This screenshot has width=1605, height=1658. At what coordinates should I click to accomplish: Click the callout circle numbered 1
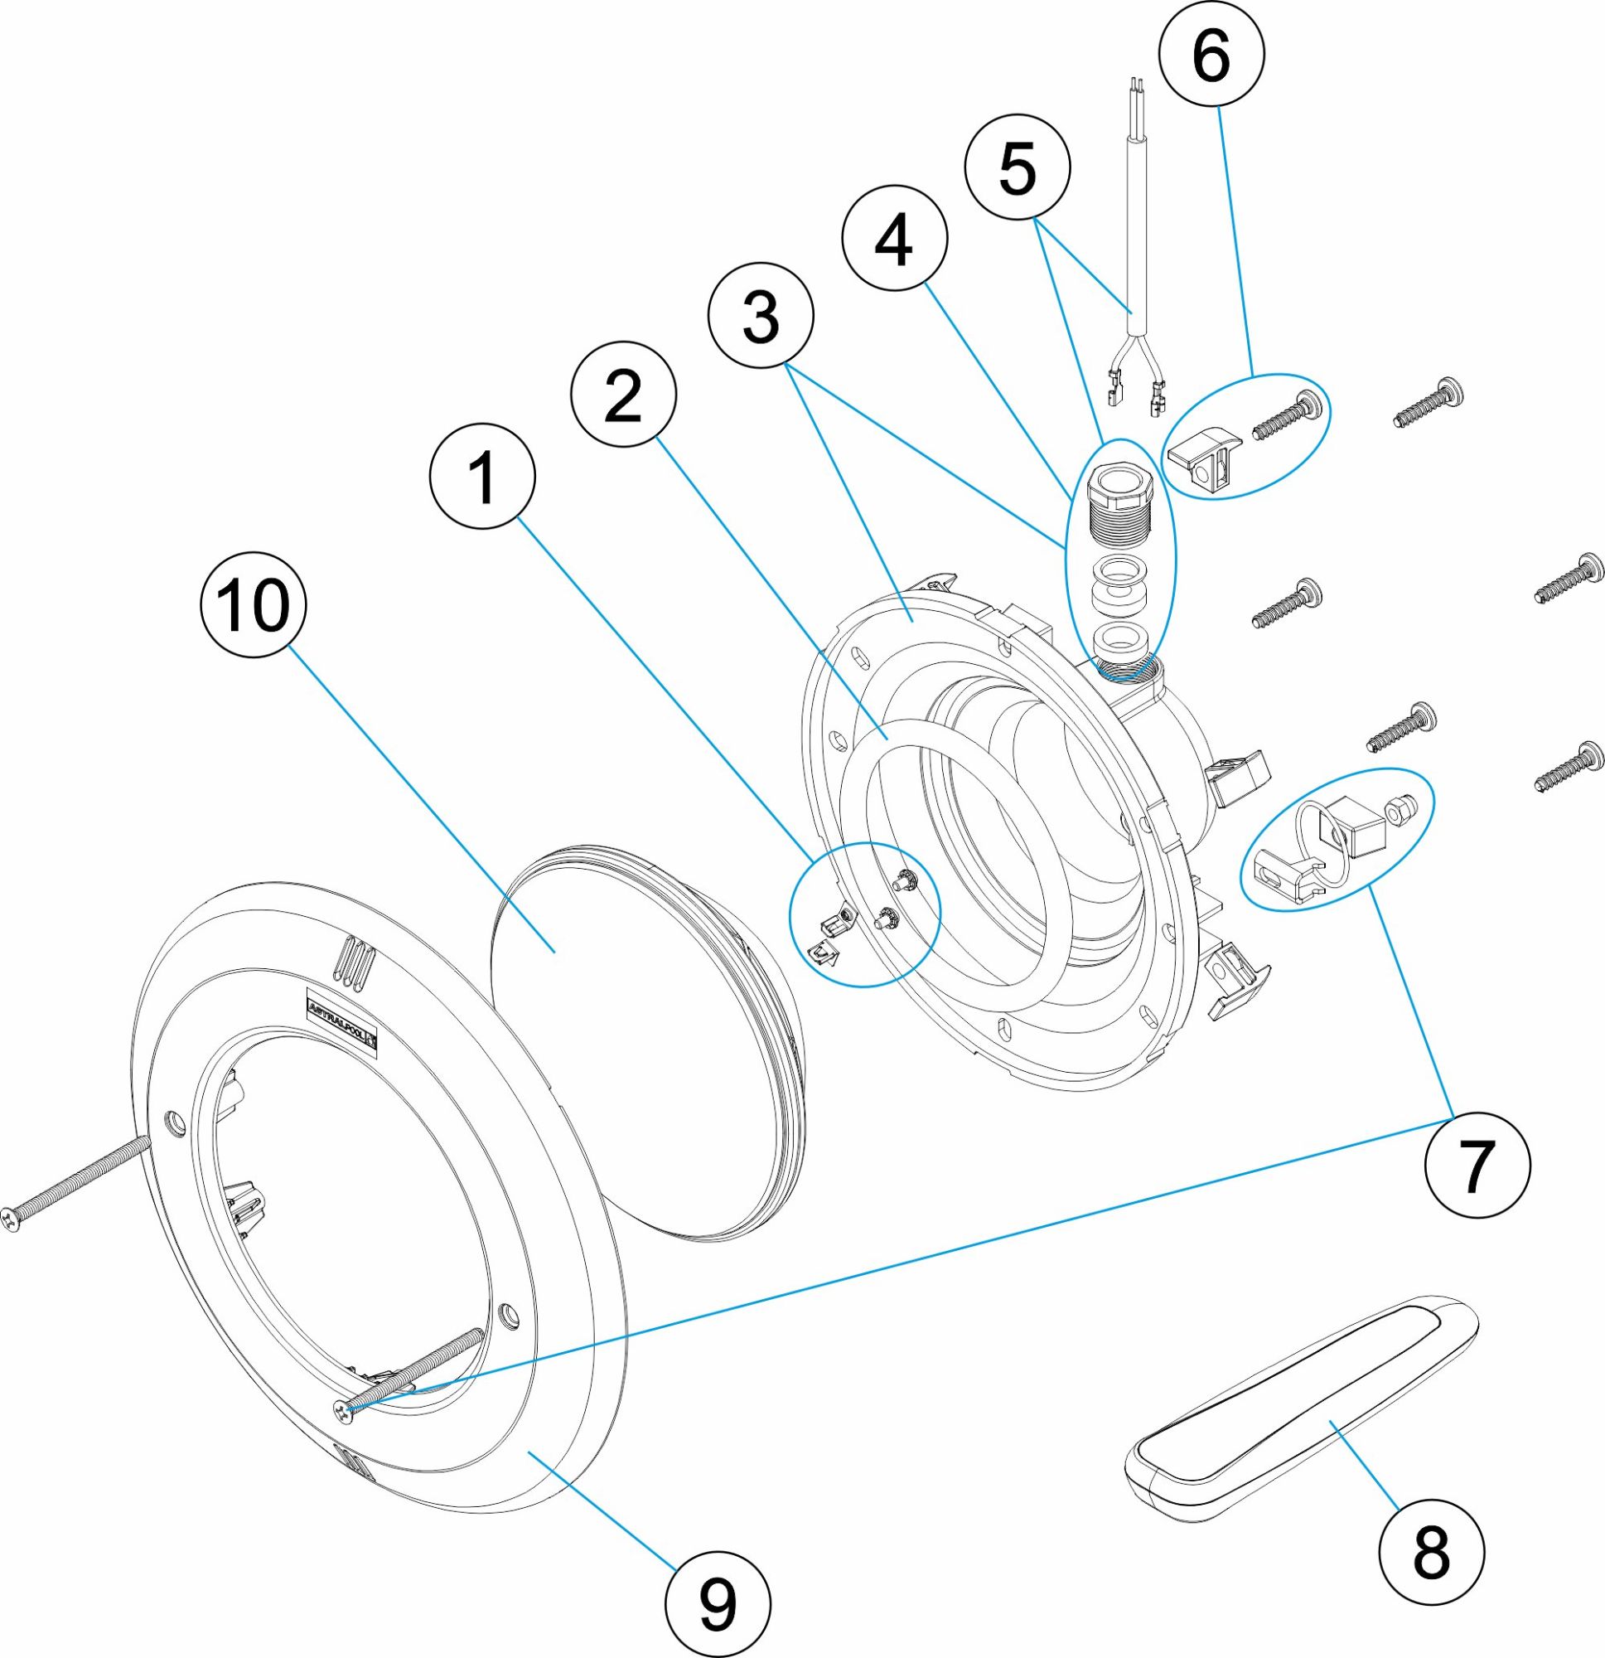483,478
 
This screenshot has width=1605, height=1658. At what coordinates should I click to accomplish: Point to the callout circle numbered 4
895,240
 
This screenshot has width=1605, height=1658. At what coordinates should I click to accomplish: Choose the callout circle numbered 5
1018,167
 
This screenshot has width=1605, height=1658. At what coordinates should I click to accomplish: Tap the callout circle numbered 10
253,608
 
